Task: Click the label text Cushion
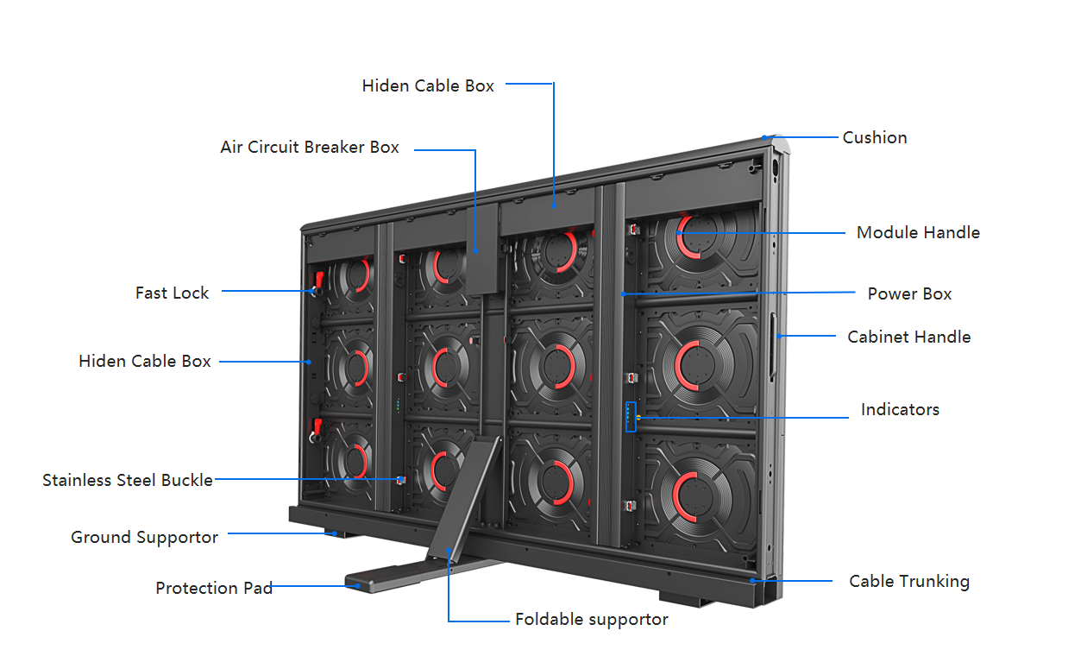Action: click(x=874, y=137)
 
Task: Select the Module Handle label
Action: click(x=918, y=232)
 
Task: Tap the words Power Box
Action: click(x=909, y=293)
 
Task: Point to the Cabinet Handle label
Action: click(x=908, y=337)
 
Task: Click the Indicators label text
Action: click(x=900, y=409)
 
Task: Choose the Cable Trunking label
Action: click(x=908, y=581)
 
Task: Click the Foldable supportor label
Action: click(x=591, y=619)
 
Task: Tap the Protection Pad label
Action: click(x=213, y=588)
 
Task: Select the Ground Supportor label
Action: click(x=144, y=537)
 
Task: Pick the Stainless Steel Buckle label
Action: click(x=127, y=480)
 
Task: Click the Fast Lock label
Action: click(x=172, y=293)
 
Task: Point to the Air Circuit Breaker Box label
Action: click(x=309, y=147)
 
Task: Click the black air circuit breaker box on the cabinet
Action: click(x=482, y=250)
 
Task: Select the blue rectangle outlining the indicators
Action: click(x=631, y=416)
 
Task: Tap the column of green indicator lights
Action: click(x=399, y=406)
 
